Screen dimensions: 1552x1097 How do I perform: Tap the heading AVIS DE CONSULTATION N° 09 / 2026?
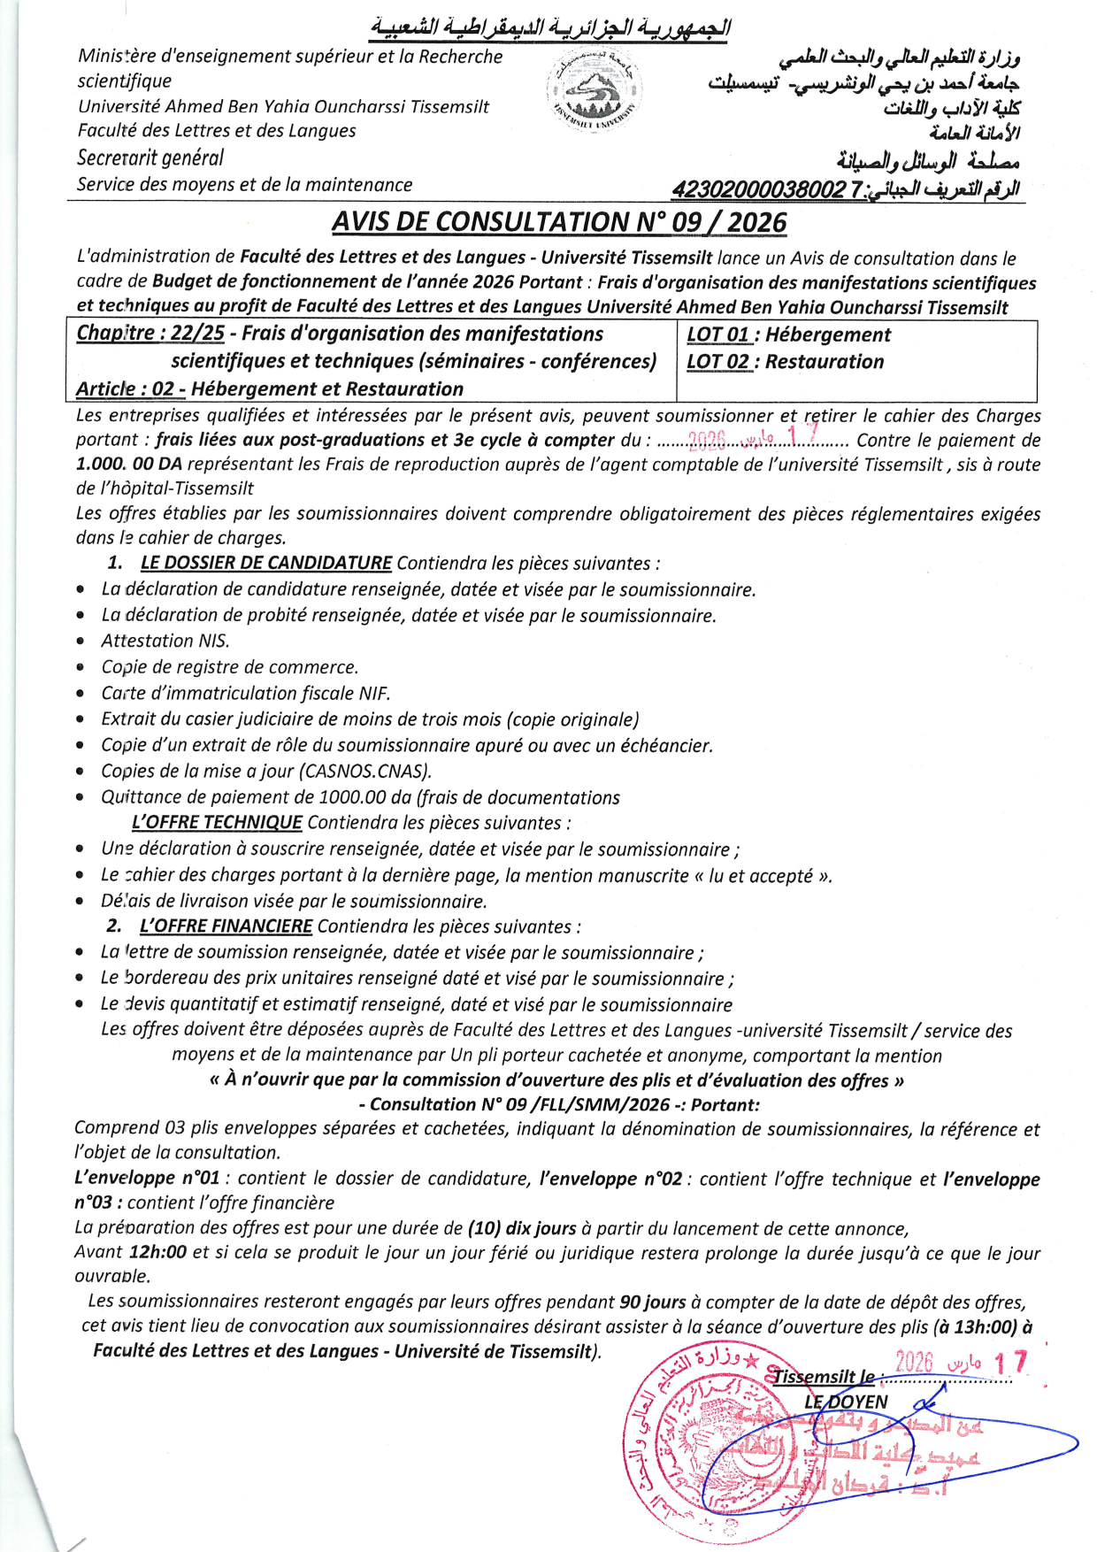click(x=559, y=222)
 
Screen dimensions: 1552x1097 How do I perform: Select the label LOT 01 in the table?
click(x=717, y=334)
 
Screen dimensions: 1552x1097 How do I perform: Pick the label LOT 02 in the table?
click(x=717, y=362)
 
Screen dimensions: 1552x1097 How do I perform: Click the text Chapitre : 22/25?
click(x=150, y=334)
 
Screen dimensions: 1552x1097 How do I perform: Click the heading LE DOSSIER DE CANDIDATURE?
click(x=265, y=563)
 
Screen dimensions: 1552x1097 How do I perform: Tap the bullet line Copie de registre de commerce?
click(x=230, y=667)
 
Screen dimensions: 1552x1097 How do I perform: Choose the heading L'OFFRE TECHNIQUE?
click(x=217, y=823)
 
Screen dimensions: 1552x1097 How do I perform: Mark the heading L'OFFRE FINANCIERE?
click(x=226, y=926)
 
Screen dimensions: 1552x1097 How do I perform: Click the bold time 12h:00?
click(x=157, y=1252)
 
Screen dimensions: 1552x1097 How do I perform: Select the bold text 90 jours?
click(x=652, y=1302)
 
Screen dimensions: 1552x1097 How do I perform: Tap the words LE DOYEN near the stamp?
click(x=845, y=1402)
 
